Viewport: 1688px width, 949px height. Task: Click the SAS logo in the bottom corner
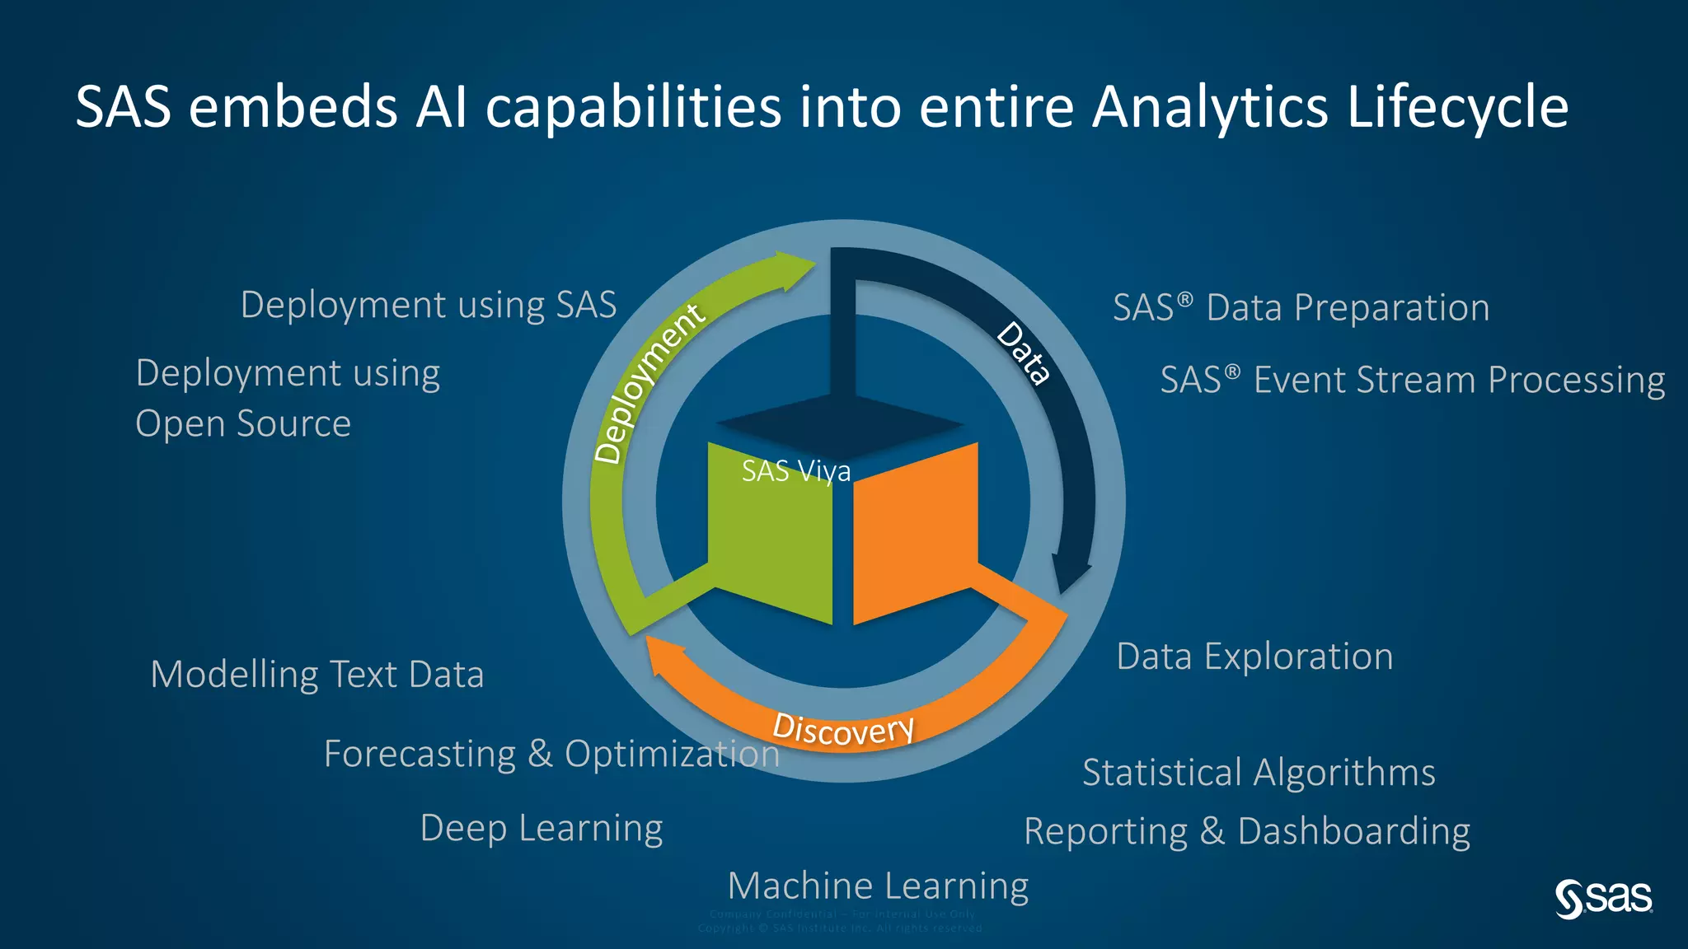[x=1603, y=899]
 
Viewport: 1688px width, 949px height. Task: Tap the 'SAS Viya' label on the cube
[x=795, y=471]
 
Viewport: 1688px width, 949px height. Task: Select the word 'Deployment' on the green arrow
[x=649, y=383]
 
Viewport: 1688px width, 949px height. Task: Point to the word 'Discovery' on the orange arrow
[x=843, y=729]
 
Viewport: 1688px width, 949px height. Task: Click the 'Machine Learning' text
[x=878, y=886]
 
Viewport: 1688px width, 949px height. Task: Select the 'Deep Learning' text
[x=542, y=828]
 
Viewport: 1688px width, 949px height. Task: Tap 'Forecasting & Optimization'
[x=551, y=754]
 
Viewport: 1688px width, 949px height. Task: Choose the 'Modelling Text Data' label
[x=317, y=675]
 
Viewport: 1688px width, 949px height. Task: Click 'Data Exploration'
[x=1254, y=657]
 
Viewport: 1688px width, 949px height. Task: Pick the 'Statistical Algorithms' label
[x=1259, y=773]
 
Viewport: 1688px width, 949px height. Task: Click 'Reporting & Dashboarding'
[x=1247, y=831]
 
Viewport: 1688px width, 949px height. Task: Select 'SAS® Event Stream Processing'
[x=1413, y=381]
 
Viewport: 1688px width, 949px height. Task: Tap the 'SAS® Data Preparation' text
[x=1301, y=308]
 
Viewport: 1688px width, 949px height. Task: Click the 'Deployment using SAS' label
[x=429, y=305]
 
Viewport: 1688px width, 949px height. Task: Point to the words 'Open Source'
[x=243, y=423]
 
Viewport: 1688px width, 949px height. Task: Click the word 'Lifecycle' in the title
[x=1457, y=107]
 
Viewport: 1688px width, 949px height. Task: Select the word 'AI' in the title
[x=442, y=107]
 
